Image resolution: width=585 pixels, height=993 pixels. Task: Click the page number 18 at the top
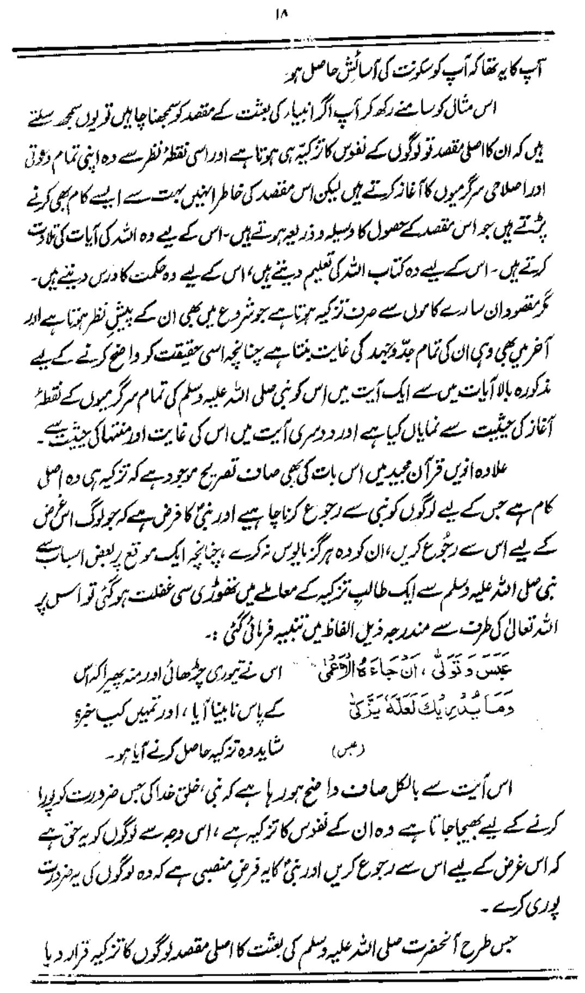coord(292,8)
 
